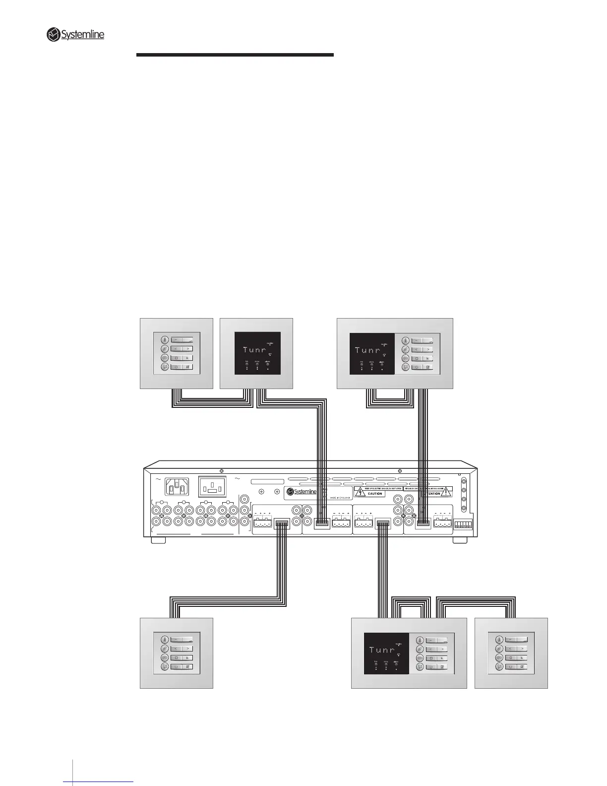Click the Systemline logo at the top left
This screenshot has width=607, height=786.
pyautogui.click(x=75, y=35)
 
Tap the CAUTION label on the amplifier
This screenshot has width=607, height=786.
pyautogui.click(x=375, y=494)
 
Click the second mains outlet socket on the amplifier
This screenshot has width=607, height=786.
pyautogui.click(x=212, y=487)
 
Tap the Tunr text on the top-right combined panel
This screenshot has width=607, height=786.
pyautogui.click(x=367, y=350)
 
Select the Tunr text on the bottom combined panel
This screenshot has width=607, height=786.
pyautogui.click(x=382, y=650)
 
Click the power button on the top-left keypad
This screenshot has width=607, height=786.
pyautogui.click(x=177, y=367)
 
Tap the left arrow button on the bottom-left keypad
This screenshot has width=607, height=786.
pyautogui.click(x=177, y=649)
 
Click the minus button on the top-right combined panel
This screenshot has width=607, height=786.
pyautogui.click(x=417, y=340)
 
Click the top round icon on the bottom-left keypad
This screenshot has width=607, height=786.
pyautogui.click(x=164, y=640)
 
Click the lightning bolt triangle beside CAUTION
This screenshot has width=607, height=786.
pyautogui.click(x=362, y=492)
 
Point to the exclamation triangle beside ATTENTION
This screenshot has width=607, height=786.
pyautogui.click(x=446, y=492)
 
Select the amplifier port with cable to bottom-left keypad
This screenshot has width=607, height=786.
pyautogui.click(x=282, y=524)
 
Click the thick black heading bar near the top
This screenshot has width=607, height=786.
pyautogui.click(x=235, y=55)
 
